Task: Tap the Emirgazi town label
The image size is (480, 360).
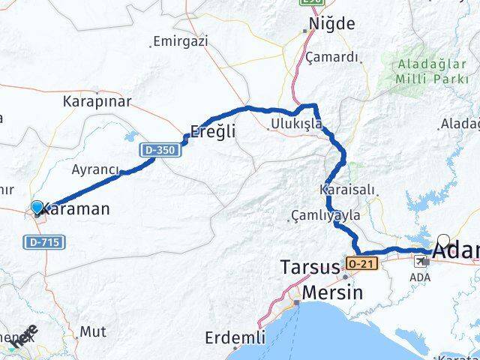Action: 180,42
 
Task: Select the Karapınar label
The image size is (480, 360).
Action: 97,100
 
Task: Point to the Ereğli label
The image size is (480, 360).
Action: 213,131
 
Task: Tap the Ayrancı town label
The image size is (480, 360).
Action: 95,170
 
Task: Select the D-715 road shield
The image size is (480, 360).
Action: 44,242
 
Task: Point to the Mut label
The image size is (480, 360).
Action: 92,330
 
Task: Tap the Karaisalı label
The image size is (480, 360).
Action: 346,189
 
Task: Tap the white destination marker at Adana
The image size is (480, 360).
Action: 443,241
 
